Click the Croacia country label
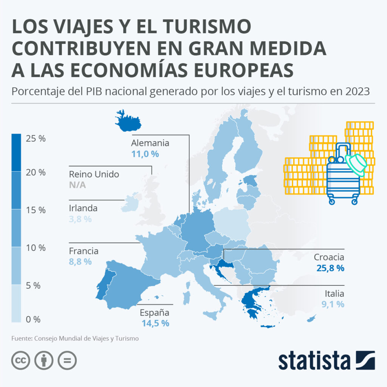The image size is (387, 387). (x=329, y=257)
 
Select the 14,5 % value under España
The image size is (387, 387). (x=155, y=324)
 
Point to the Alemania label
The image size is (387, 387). (x=150, y=143)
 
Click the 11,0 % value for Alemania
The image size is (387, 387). (x=145, y=154)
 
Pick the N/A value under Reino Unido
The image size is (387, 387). (x=77, y=185)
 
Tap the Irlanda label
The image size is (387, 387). (x=83, y=208)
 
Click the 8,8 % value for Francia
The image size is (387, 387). (x=80, y=262)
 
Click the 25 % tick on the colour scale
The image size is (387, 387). (x=36, y=139)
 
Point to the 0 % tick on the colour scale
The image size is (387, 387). (x=33, y=319)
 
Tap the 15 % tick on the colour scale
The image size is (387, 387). (x=36, y=210)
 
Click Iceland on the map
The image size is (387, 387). (x=127, y=121)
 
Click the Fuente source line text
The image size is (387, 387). (x=75, y=339)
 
